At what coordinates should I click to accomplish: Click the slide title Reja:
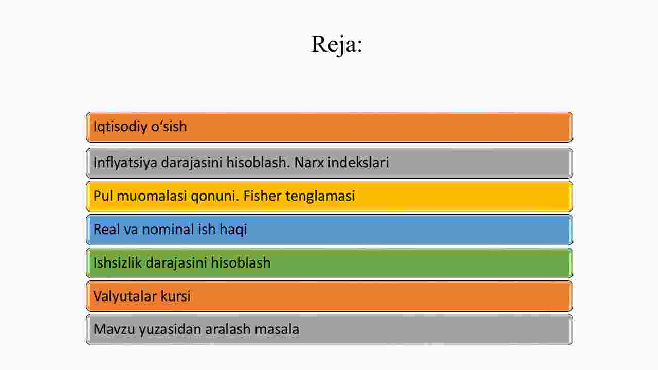[337, 45]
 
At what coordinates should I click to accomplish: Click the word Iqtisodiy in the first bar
[120, 127]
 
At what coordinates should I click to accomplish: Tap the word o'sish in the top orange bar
[169, 127]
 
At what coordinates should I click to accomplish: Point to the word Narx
[309, 162]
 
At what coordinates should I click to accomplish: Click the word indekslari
[358, 162]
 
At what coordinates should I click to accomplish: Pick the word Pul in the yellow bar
[103, 196]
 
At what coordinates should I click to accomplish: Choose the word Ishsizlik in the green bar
[117, 262]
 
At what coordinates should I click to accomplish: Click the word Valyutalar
[125, 296]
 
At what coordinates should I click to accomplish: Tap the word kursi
[175, 295]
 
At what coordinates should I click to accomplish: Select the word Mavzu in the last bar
[114, 329]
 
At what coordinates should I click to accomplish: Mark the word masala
[277, 329]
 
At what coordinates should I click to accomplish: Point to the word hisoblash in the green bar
[241, 262]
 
